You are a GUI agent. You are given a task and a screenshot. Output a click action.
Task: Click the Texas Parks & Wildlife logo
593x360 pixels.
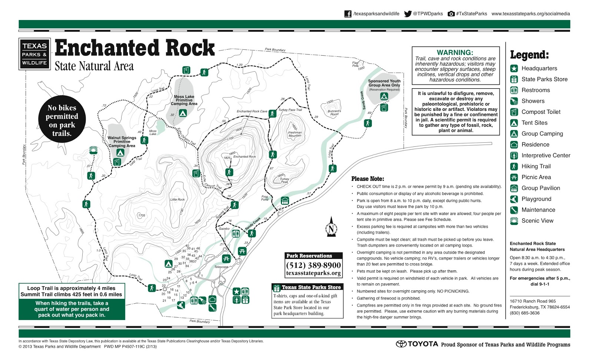click(x=34, y=54)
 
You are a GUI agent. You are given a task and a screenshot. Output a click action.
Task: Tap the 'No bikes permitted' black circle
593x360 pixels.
click(x=62, y=120)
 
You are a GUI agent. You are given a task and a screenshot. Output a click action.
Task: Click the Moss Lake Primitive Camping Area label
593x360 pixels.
click(x=184, y=100)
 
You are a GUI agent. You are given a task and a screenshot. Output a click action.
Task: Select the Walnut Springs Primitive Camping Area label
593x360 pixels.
click(x=122, y=142)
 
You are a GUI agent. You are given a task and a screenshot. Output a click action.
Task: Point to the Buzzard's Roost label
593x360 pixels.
click(x=334, y=112)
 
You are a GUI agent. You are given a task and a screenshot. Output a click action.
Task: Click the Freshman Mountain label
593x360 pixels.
click(x=295, y=134)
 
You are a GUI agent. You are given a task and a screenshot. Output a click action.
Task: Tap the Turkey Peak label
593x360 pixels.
click(x=285, y=180)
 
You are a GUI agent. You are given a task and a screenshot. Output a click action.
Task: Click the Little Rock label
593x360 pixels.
click(x=177, y=199)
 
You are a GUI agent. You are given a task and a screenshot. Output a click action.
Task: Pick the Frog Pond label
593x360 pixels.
click(x=265, y=198)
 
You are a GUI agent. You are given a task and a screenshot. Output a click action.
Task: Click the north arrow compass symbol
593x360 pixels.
click(x=331, y=227)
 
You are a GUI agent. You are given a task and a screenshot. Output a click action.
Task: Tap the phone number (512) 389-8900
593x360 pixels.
click(x=313, y=265)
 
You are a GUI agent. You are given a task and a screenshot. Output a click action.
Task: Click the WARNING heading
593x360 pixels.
click(x=455, y=52)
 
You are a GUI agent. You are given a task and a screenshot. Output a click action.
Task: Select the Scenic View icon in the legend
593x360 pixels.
click(x=514, y=221)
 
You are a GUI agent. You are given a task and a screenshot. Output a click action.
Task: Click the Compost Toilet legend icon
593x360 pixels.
click(x=514, y=112)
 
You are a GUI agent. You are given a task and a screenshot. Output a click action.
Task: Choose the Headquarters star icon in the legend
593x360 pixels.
click(x=514, y=68)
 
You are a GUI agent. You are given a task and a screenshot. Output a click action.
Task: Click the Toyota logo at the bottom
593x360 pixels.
click(x=417, y=344)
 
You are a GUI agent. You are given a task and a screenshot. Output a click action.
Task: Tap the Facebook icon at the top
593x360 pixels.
click(x=348, y=14)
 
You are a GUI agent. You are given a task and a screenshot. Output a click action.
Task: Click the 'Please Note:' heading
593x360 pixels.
click(x=368, y=179)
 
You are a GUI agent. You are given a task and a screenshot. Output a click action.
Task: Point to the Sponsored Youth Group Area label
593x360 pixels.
click(x=384, y=83)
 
